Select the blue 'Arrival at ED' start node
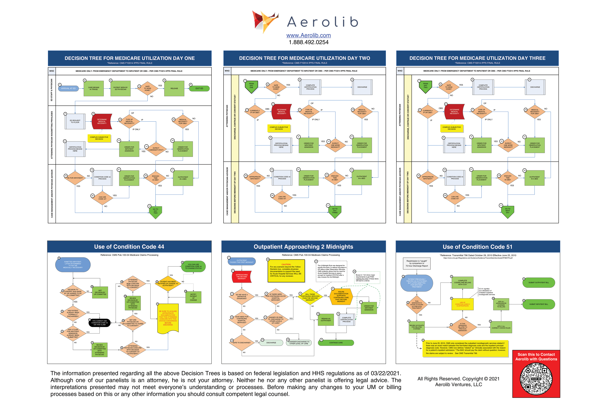point(68,88)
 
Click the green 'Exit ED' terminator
point(199,88)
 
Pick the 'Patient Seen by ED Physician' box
point(120,88)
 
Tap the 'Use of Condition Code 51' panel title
point(478,247)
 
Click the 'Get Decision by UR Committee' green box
point(100,292)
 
